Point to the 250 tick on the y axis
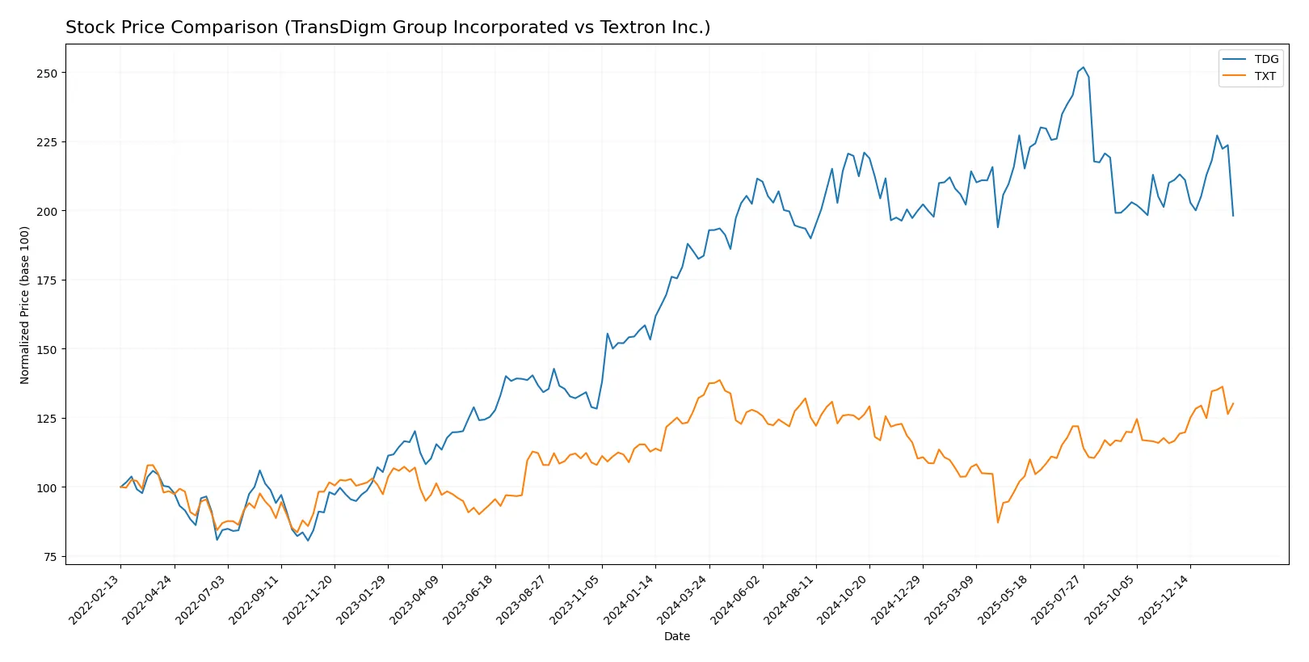[47, 73]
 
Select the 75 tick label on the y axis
[50, 557]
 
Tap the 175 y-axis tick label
[47, 280]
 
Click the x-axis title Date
[676, 636]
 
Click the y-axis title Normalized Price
[24, 305]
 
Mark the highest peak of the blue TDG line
[1084, 68]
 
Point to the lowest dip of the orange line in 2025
[998, 522]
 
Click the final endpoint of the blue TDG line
[1233, 216]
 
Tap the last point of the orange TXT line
[1233, 403]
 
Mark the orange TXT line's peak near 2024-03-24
[719, 380]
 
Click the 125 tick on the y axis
[47, 419]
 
